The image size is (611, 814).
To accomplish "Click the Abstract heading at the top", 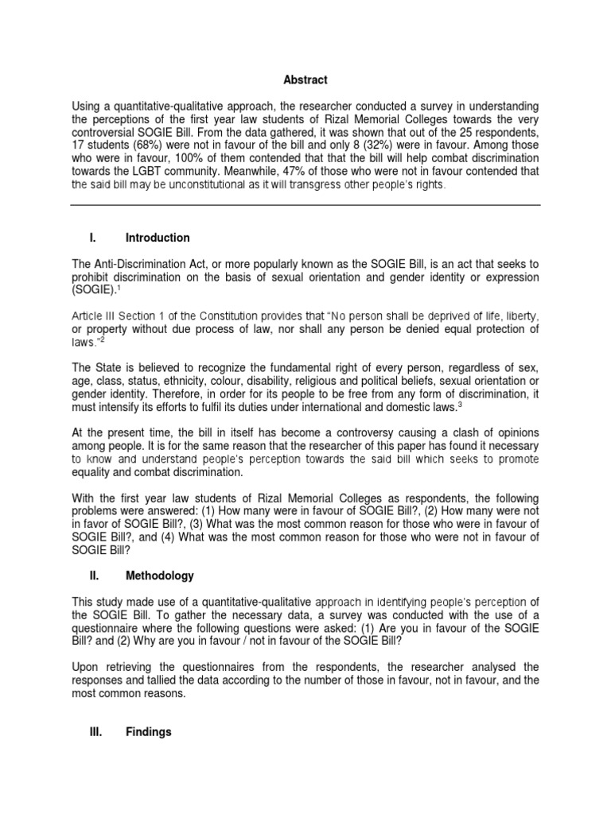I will tap(305, 80).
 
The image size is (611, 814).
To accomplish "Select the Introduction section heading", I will tap(158, 238).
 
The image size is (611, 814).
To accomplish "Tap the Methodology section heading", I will tap(159, 576).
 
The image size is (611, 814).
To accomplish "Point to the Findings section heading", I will tap(149, 732).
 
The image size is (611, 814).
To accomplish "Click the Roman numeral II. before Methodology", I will tap(95, 576).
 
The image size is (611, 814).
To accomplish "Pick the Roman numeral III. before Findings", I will tap(96, 732).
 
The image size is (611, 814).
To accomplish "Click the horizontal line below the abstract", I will tap(305, 205).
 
